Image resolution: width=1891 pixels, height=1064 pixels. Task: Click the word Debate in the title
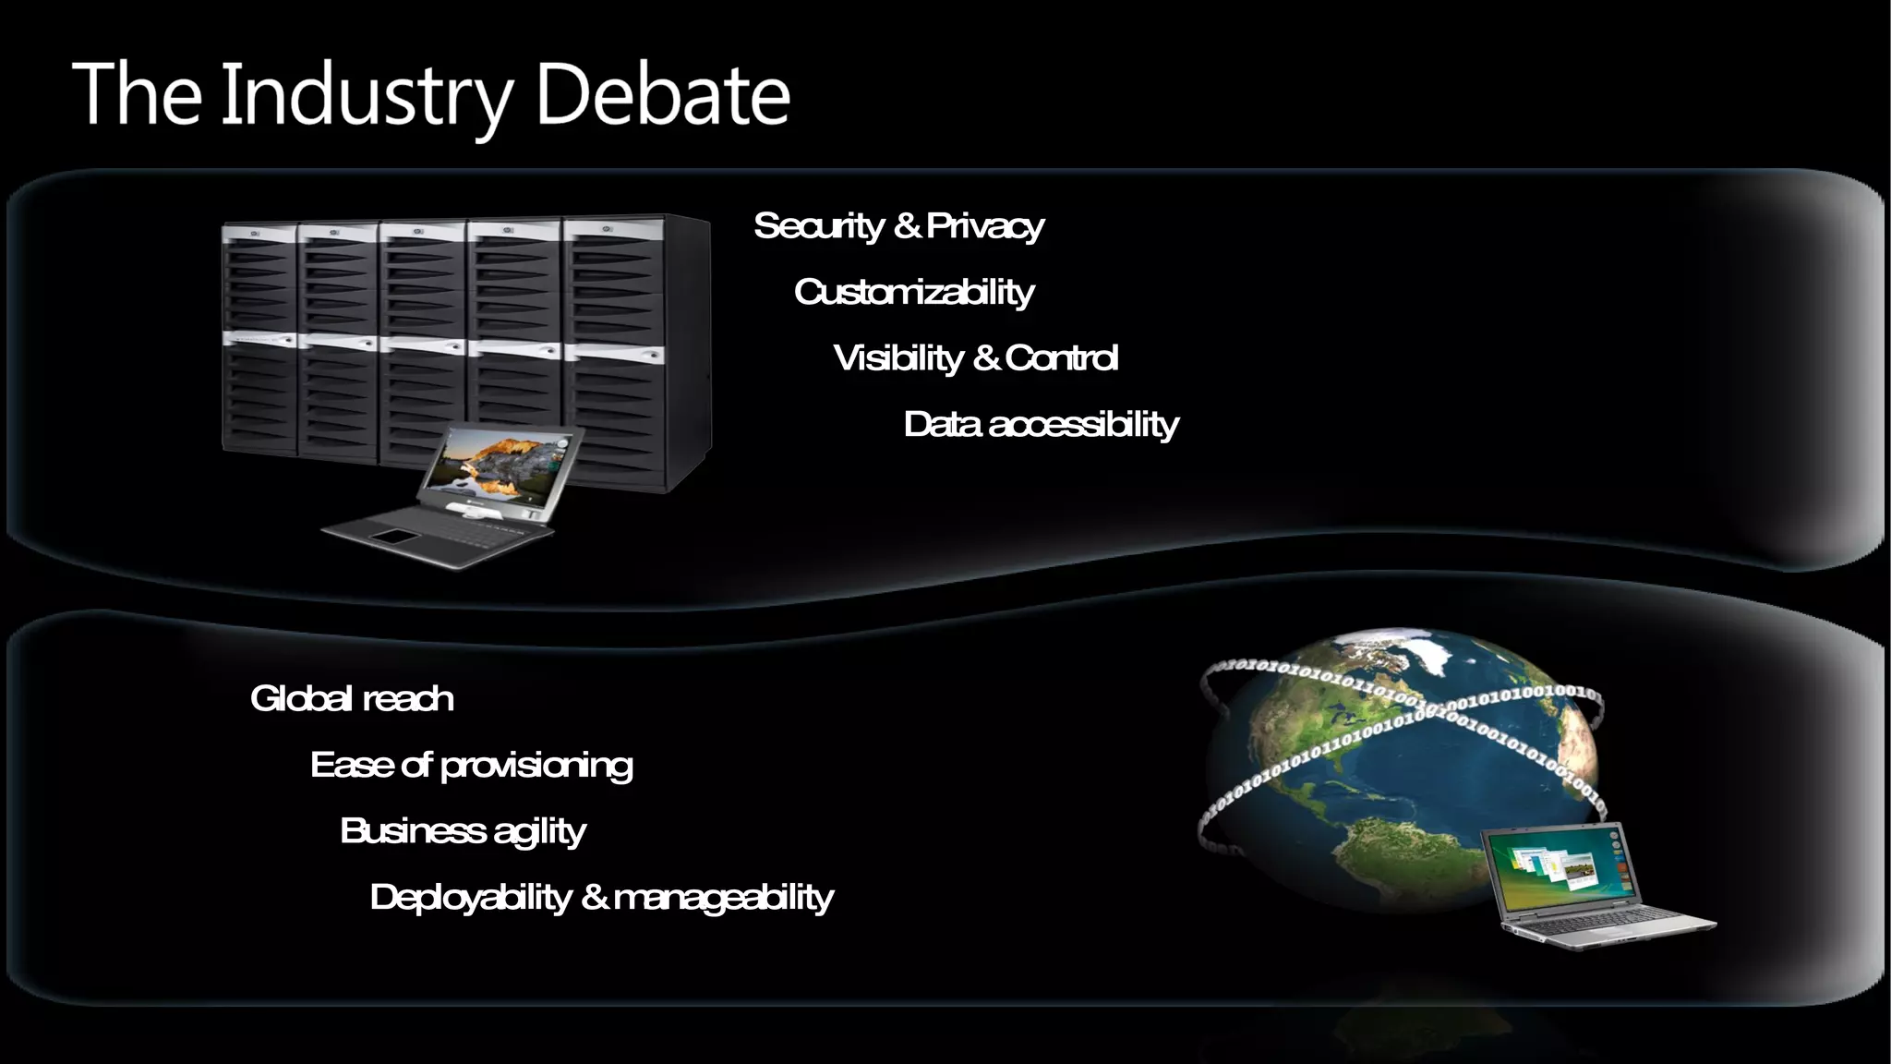click(662, 94)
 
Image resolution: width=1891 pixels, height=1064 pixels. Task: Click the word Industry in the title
click(366, 96)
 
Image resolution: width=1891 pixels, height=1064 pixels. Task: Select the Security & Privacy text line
click(897, 226)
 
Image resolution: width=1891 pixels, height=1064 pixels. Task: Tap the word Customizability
click(913, 293)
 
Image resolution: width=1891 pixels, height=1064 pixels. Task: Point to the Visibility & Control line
click(975, 358)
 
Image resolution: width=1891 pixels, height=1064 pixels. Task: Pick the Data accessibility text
click(1041, 425)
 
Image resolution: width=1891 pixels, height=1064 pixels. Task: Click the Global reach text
click(352, 699)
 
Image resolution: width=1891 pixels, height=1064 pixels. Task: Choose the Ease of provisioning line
click(471, 766)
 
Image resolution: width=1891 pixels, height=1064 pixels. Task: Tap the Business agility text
click(463, 831)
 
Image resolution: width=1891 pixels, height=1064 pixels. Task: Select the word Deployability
click(470, 898)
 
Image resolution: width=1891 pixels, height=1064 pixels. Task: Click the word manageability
click(723, 898)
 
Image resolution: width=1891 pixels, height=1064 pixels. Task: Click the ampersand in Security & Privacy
click(907, 225)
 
